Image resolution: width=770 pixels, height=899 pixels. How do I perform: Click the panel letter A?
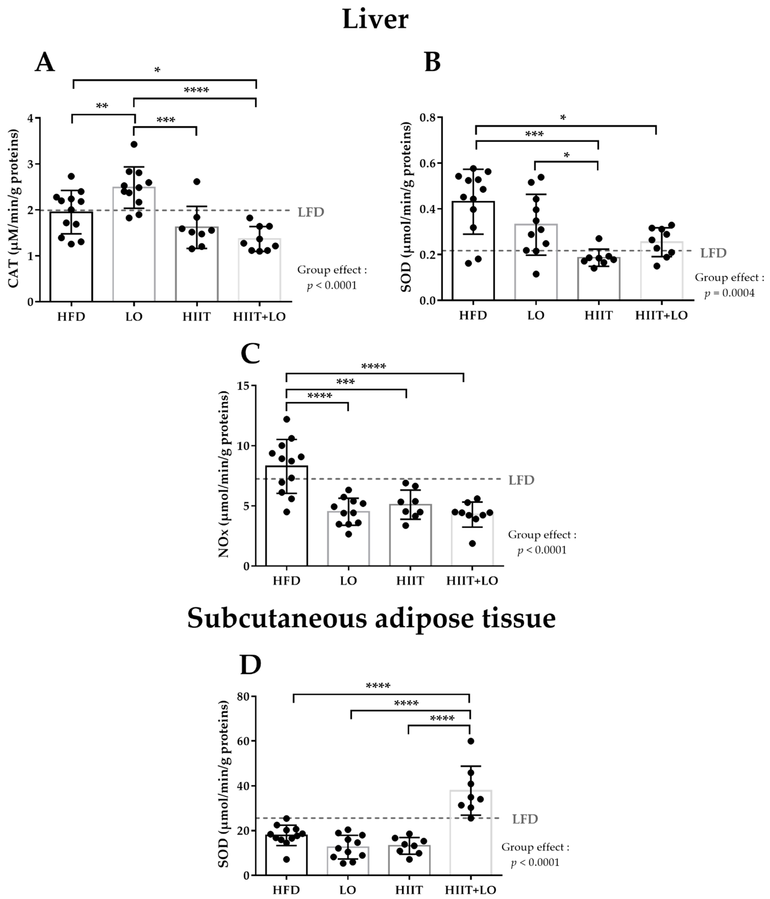tap(45, 62)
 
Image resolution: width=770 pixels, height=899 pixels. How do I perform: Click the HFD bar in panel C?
tap(286, 521)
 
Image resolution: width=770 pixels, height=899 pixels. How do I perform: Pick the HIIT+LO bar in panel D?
tap(471, 837)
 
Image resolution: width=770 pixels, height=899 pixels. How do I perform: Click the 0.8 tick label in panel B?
tap(428, 118)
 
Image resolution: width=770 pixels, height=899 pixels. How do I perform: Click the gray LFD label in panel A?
tap(311, 212)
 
